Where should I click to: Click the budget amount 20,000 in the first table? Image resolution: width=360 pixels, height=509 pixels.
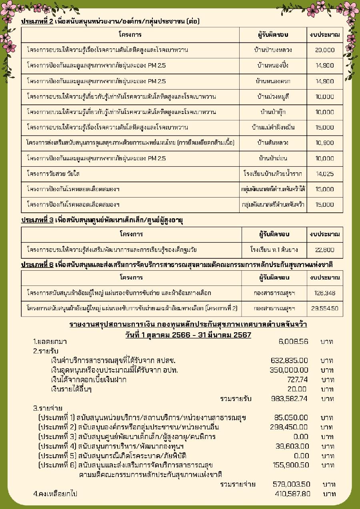pyautogui.click(x=324, y=50)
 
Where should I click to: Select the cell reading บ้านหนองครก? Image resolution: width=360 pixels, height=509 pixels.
pyautogui.click(x=273, y=81)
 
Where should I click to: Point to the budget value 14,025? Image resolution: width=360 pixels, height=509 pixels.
pyautogui.click(x=324, y=174)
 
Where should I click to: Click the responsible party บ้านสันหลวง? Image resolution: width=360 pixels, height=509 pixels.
pyautogui.click(x=273, y=143)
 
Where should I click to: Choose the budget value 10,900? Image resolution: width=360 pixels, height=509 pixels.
pyautogui.click(x=324, y=143)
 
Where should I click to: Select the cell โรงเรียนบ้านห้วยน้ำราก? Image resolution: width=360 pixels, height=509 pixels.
pyautogui.click(x=273, y=174)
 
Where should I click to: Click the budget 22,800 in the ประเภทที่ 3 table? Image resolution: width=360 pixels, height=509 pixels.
pyautogui.click(x=324, y=250)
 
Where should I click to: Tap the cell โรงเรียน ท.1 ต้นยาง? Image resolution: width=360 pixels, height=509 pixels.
pyautogui.click(x=274, y=250)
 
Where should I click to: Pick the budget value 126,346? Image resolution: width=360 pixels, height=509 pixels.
pyautogui.click(x=324, y=293)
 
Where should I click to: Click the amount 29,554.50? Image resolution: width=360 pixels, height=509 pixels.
pyautogui.click(x=324, y=308)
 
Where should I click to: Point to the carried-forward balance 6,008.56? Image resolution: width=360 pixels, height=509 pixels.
pyautogui.click(x=293, y=341)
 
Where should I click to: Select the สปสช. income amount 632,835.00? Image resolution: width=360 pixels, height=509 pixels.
pyautogui.click(x=289, y=360)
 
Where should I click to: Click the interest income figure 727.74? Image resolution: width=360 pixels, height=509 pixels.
pyautogui.click(x=297, y=379)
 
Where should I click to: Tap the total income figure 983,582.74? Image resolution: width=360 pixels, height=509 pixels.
pyautogui.click(x=289, y=399)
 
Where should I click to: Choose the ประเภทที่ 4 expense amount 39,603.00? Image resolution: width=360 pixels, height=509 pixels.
pyautogui.click(x=292, y=446)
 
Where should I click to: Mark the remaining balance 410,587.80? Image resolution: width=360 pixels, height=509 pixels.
pyautogui.click(x=293, y=494)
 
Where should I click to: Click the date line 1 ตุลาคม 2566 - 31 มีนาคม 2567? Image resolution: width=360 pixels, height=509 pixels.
pyautogui.click(x=188, y=335)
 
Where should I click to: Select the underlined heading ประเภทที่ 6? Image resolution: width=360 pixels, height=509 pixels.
pyautogui.click(x=37, y=265)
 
